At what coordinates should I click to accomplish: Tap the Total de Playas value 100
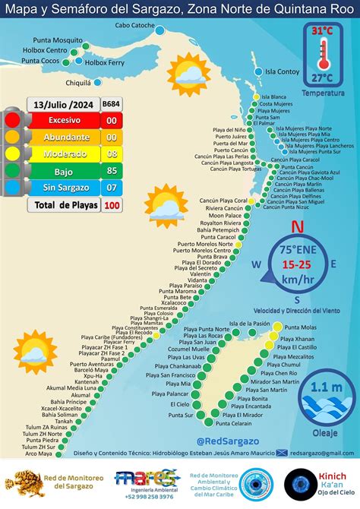click(x=112, y=205)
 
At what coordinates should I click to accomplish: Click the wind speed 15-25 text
click(x=298, y=264)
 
